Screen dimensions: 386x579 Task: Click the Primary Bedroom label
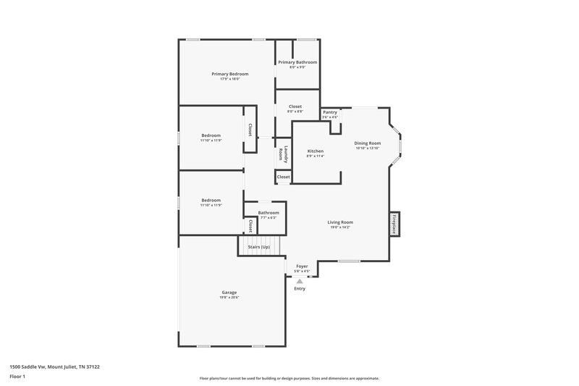tap(229, 74)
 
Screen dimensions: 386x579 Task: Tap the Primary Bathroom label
tap(297, 62)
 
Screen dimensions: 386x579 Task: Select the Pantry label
tap(330, 112)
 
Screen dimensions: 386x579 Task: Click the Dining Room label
tap(368, 143)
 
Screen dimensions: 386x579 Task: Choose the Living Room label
tap(340, 222)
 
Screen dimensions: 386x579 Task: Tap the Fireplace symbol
tap(394, 224)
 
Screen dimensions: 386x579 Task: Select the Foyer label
tap(302, 267)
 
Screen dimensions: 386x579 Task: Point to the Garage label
tap(229, 292)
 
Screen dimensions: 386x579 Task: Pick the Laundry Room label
tap(287, 154)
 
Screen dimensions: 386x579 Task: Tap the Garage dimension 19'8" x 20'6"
tap(229, 297)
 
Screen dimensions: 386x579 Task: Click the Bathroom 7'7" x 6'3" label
tap(268, 213)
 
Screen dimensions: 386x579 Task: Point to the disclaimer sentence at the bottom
tap(289, 378)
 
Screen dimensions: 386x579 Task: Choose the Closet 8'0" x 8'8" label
tap(295, 106)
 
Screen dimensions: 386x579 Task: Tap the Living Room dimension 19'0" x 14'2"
tap(340, 227)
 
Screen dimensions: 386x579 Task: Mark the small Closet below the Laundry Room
tap(283, 177)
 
